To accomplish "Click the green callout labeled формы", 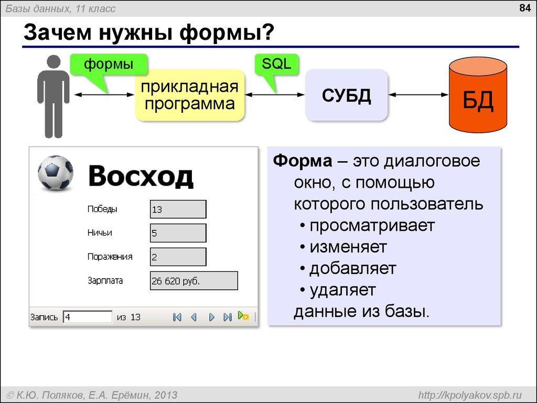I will pyautogui.click(x=109, y=65).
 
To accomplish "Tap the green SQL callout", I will pyautogui.click(x=276, y=65).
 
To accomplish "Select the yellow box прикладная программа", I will pyautogui.click(x=190, y=95).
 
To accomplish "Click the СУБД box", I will pyautogui.click(x=347, y=95).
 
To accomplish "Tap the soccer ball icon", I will pyautogui.click(x=55, y=173).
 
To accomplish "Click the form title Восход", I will pyautogui.click(x=141, y=176).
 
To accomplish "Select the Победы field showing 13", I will pyautogui.click(x=178, y=209).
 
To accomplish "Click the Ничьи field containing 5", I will pyautogui.click(x=178, y=233).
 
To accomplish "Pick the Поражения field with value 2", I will pyautogui.click(x=178, y=257).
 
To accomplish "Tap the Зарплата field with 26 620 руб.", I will pyautogui.click(x=194, y=281).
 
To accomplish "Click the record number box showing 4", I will pyautogui.click(x=88, y=317).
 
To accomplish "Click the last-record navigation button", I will pyautogui.click(x=227, y=317).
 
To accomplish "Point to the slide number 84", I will pyautogui.click(x=524, y=8).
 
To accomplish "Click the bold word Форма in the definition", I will pyautogui.click(x=302, y=161).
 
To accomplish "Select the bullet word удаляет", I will pyautogui.click(x=342, y=290).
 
